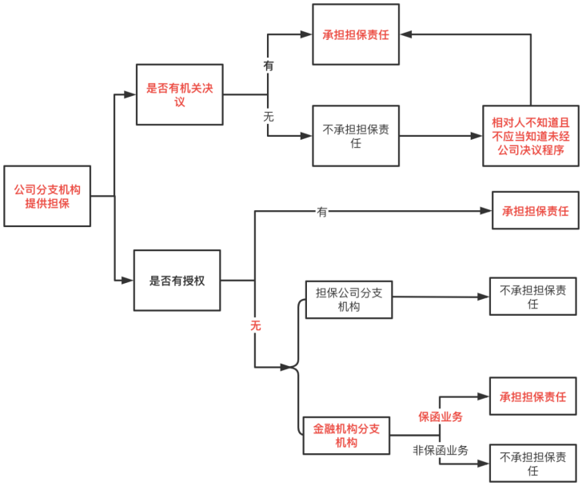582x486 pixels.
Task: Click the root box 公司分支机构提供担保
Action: (x=47, y=196)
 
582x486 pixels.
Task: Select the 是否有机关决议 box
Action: (x=180, y=94)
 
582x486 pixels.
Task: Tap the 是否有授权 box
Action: (x=177, y=281)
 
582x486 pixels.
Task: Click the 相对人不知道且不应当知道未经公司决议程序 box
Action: (x=531, y=136)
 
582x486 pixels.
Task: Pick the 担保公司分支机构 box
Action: (x=349, y=300)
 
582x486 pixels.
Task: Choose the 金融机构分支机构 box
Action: (x=346, y=436)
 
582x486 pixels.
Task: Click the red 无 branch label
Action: (x=255, y=325)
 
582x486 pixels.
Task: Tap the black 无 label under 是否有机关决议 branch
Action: (x=269, y=117)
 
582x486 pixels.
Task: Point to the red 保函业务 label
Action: (x=440, y=416)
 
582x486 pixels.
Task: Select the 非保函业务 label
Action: (x=440, y=450)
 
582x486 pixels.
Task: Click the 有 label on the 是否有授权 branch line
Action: (x=322, y=212)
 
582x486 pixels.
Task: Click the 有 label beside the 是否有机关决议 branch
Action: (x=269, y=66)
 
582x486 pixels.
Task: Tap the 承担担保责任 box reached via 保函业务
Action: (x=533, y=396)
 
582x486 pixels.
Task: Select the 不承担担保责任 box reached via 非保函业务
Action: (x=533, y=464)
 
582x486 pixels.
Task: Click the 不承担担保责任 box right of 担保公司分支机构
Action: (x=533, y=297)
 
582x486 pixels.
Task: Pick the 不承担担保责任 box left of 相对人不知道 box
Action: (x=356, y=136)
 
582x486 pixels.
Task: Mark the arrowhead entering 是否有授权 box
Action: (x=127, y=281)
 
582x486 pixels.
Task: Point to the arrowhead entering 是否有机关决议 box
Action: (x=130, y=94)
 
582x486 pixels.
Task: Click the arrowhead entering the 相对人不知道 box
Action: (x=476, y=136)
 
